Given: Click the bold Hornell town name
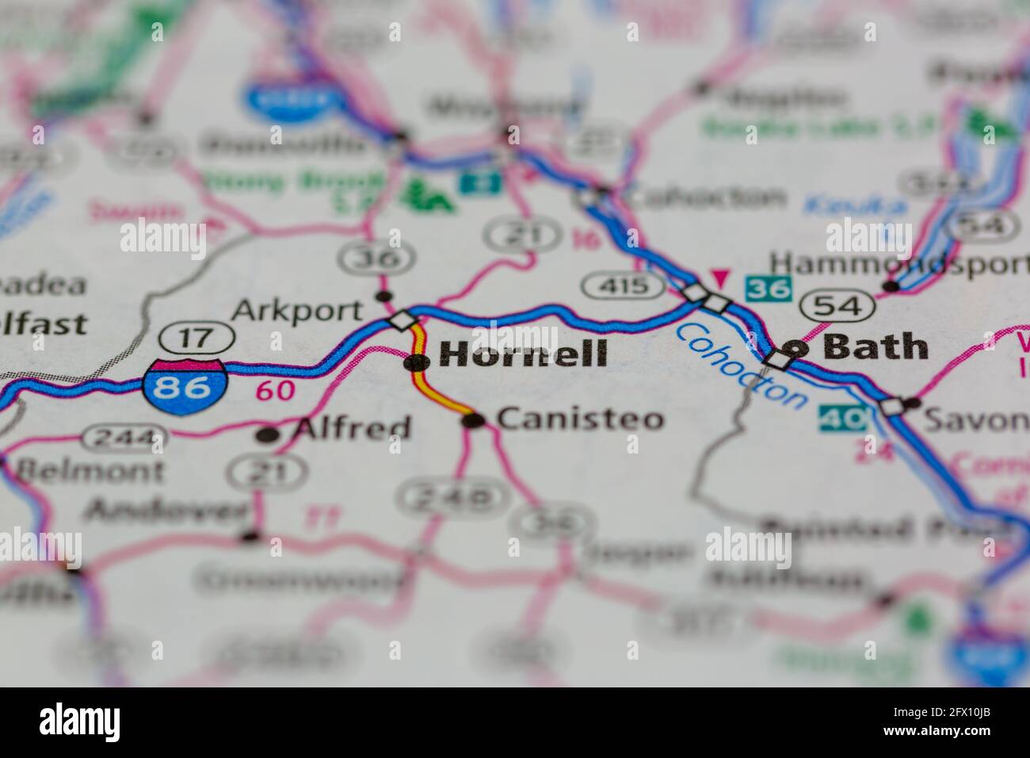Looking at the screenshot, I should [524, 354].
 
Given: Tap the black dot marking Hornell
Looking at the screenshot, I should [414, 363].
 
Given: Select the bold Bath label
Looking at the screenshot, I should [875, 346].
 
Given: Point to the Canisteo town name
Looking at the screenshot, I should [581, 419].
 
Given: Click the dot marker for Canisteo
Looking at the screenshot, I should [473, 421].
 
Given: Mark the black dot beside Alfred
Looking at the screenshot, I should [269, 435].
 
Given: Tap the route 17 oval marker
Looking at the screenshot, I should [195, 338].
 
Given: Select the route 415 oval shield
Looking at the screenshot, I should [623, 285].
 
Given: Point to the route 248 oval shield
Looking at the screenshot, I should [449, 496].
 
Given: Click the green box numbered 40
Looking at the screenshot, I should [842, 417].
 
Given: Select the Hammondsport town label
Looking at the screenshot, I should [899, 262].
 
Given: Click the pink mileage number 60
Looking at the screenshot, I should [275, 390].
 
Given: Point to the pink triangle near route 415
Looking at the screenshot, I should [720, 278].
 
